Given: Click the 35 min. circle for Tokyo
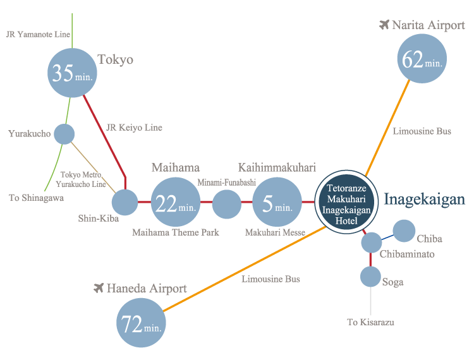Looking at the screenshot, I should click(x=73, y=73).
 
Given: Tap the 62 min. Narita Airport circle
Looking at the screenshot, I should click(x=423, y=59).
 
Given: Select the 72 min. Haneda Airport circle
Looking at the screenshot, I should click(x=141, y=324).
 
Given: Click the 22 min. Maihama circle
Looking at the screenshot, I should click(x=175, y=203).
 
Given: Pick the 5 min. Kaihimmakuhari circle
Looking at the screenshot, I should click(x=277, y=203).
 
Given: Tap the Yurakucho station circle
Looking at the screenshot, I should click(x=64, y=134).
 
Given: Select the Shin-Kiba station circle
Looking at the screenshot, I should click(x=125, y=203).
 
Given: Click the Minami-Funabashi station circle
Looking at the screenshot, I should click(x=226, y=203).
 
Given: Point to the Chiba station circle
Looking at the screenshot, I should click(x=404, y=231).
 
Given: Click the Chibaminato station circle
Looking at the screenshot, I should click(x=371, y=242).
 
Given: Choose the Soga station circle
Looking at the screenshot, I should click(x=370, y=277).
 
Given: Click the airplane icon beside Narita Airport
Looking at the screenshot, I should click(x=384, y=25).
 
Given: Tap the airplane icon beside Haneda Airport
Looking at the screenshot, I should click(x=98, y=289).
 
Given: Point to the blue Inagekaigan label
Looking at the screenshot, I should click(x=425, y=200).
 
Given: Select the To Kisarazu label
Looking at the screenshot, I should click(x=370, y=322).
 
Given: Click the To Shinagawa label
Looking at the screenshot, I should click(x=36, y=198).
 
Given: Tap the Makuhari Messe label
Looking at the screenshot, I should click(x=275, y=233).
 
